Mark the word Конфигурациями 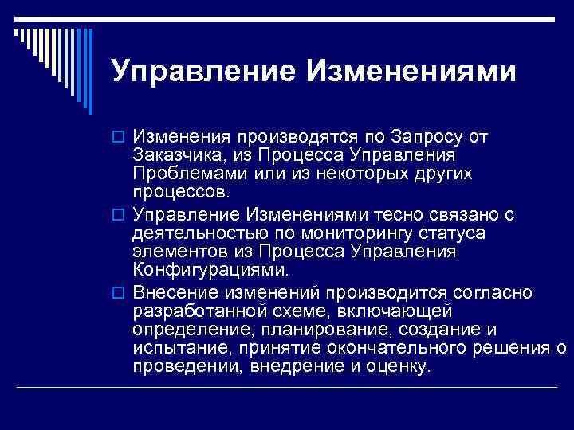(205, 271)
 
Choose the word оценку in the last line (400, 367)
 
